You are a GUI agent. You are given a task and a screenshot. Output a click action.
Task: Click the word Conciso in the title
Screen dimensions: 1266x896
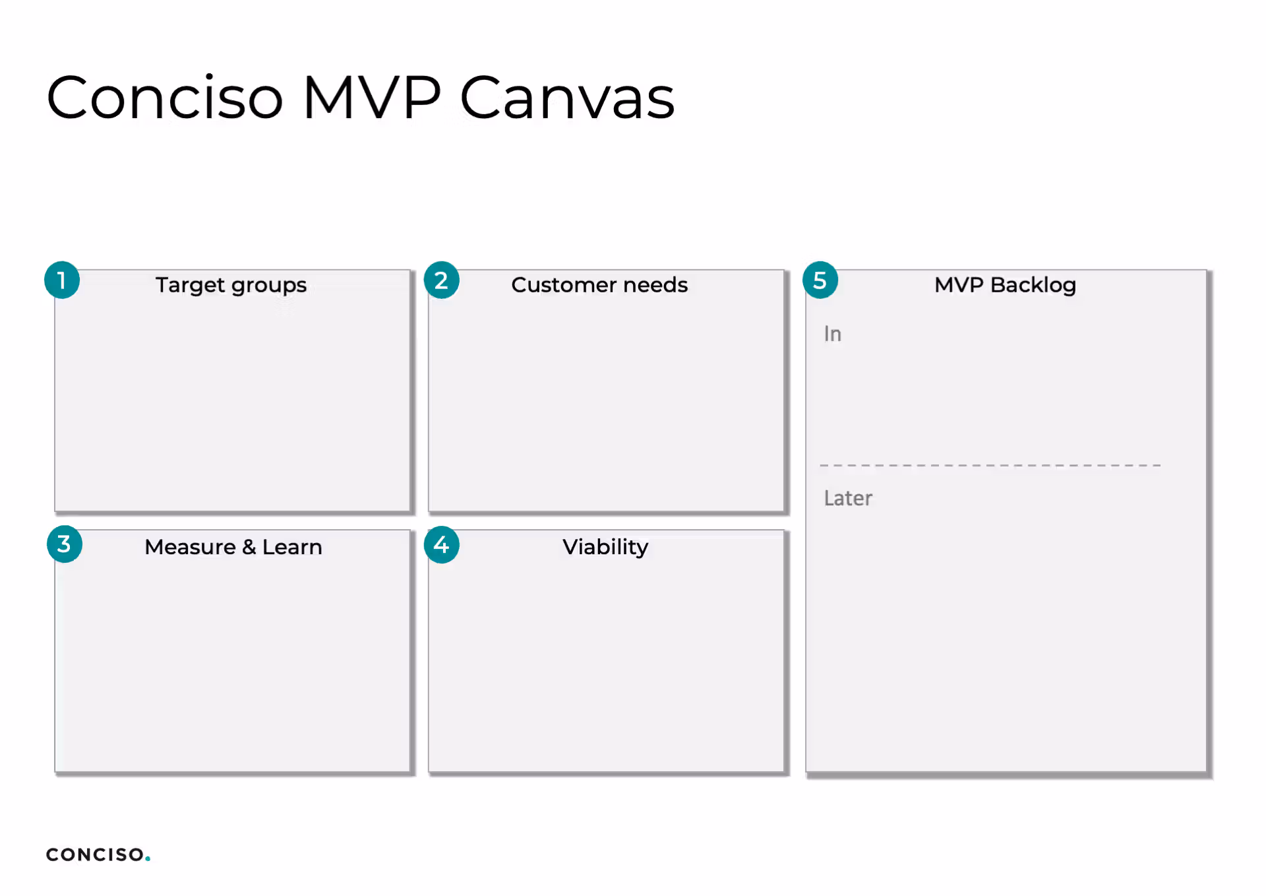click(x=165, y=97)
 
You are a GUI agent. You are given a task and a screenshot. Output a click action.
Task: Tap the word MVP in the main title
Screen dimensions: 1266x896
click(x=372, y=97)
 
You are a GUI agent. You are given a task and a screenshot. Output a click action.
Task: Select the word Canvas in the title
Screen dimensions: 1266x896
click(x=567, y=97)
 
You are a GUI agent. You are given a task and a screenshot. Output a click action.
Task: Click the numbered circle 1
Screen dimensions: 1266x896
click(x=62, y=280)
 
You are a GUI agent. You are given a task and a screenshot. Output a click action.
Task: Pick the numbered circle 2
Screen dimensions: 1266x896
click(x=441, y=280)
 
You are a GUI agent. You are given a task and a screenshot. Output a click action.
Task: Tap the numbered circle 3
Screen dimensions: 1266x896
click(x=64, y=544)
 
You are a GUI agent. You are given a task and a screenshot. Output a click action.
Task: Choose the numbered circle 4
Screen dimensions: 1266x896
click(x=441, y=545)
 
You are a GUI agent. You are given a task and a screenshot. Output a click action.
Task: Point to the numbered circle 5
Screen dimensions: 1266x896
click(x=820, y=280)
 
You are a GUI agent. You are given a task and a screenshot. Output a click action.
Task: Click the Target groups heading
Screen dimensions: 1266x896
click(x=231, y=285)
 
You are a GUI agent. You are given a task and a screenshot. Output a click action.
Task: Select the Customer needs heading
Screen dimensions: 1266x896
click(x=599, y=284)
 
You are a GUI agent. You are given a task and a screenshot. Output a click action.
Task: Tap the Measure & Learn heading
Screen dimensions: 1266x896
click(x=233, y=547)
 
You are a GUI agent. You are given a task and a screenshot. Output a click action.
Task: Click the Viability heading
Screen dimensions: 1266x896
click(x=605, y=547)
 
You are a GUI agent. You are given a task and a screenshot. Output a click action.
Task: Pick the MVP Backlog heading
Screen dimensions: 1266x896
click(x=1006, y=285)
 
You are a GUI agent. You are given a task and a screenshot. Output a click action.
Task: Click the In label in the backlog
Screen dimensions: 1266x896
click(x=833, y=334)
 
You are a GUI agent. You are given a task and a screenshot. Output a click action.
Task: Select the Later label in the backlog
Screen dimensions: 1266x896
click(x=848, y=498)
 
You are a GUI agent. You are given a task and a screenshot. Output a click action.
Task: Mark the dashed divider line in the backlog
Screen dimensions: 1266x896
click(x=990, y=465)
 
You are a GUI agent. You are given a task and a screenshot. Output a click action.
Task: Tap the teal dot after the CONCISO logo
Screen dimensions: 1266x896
click(x=148, y=858)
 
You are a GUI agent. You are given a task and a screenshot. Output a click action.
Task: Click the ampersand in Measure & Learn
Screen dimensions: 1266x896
click(x=249, y=547)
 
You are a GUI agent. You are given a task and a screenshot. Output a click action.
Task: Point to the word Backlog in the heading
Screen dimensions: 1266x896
click(x=1033, y=285)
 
